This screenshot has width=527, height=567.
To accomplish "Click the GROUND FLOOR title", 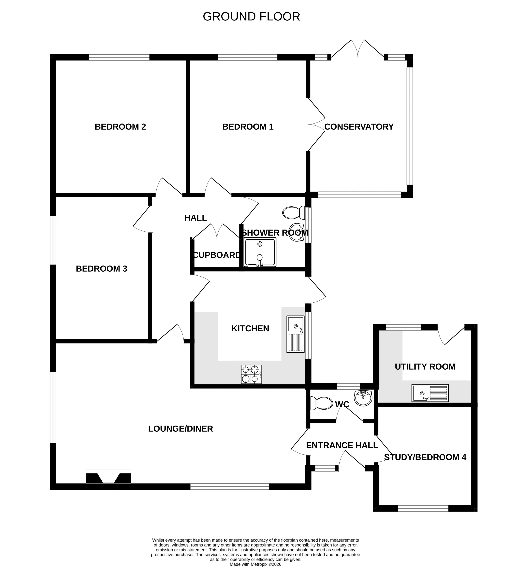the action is tap(251, 17).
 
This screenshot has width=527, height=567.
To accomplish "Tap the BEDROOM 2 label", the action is tap(120, 127).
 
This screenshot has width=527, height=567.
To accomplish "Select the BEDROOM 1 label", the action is tap(248, 127).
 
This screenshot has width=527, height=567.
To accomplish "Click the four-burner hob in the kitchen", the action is tap(251, 375).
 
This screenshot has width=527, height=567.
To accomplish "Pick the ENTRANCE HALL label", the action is tap(342, 445).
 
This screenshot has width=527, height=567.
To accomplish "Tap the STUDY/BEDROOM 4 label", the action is tap(425, 457).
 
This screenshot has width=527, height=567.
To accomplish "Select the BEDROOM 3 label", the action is tap(101, 269).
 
